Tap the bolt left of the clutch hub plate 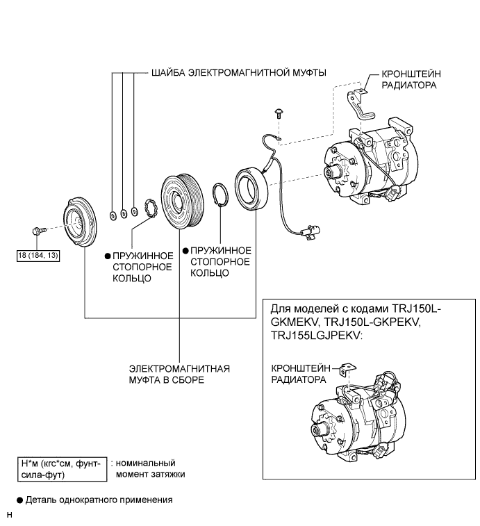click(38, 231)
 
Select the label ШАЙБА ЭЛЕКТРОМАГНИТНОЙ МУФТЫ click(239, 73)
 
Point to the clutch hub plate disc click(80, 223)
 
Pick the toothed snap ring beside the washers click(150, 208)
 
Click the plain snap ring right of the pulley click(220, 195)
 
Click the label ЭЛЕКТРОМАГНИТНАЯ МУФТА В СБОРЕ click(179, 375)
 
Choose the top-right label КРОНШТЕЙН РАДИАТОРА click(411, 79)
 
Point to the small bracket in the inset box click(349, 370)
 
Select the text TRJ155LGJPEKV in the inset click(317, 336)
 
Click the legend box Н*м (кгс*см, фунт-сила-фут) click(63, 469)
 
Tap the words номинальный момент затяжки click(150, 468)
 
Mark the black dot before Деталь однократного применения click(20, 500)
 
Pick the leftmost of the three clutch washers click(113, 215)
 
